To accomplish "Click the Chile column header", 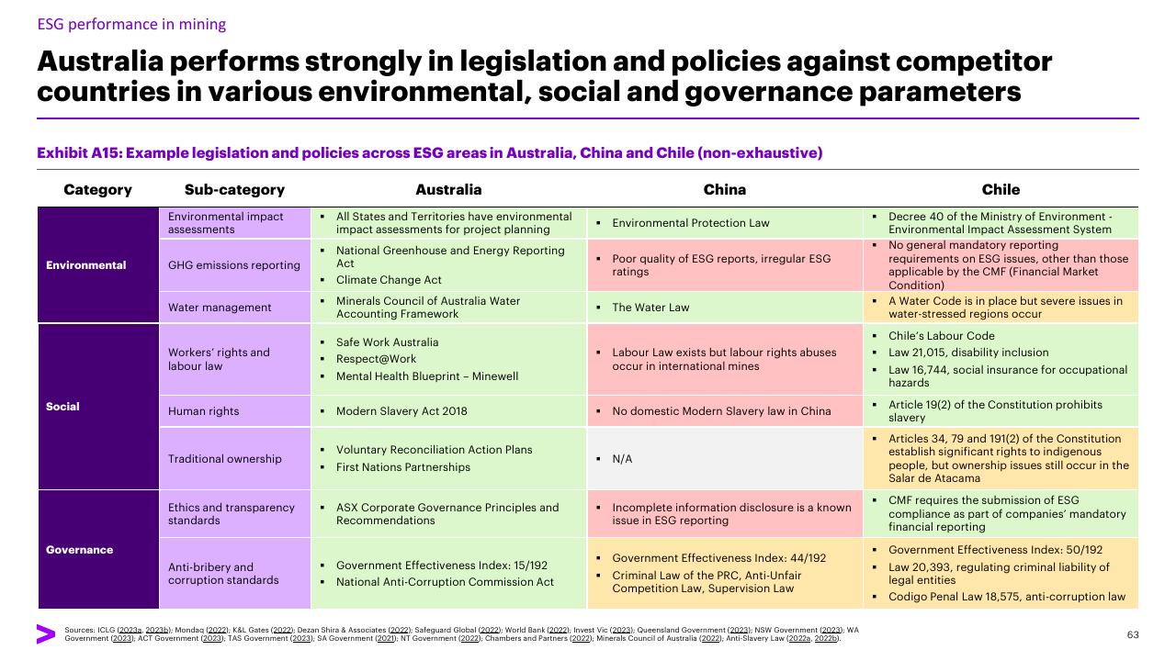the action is point(1001,189).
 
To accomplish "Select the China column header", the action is point(725,189).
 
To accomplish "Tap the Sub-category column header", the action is point(234,189).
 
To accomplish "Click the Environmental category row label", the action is point(86,265).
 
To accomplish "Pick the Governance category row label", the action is point(80,550).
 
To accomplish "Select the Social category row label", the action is point(62,407).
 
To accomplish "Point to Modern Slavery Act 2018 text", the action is point(401,411).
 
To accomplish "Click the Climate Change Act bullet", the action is point(389,280).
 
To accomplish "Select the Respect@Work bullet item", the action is point(376,359).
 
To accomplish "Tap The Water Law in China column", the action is point(650,308).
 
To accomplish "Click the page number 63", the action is point(1133,634).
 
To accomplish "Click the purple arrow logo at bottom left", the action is point(46,634).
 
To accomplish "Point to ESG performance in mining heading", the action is point(131,24).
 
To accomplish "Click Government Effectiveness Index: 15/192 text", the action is point(442,566).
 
